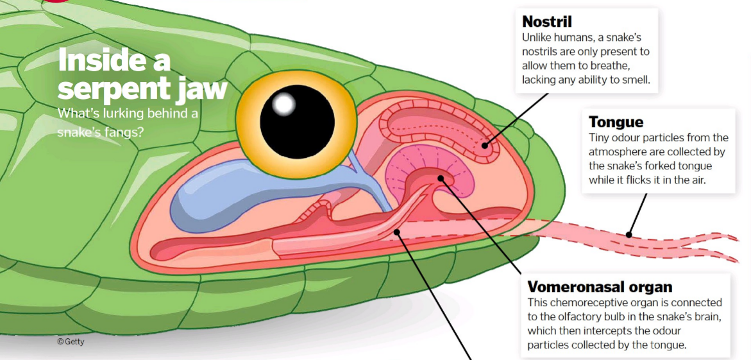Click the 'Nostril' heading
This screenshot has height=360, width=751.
tap(546, 22)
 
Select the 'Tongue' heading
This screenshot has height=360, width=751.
tap(616, 122)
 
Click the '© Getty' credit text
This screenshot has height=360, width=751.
tap(71, 342)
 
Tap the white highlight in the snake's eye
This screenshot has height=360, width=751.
tap(283, 102)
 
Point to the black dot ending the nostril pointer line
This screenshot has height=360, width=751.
tap(485, 145)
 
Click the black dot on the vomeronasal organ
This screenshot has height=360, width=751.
tap(441, 178)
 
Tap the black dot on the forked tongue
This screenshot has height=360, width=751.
tap(629, 234)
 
